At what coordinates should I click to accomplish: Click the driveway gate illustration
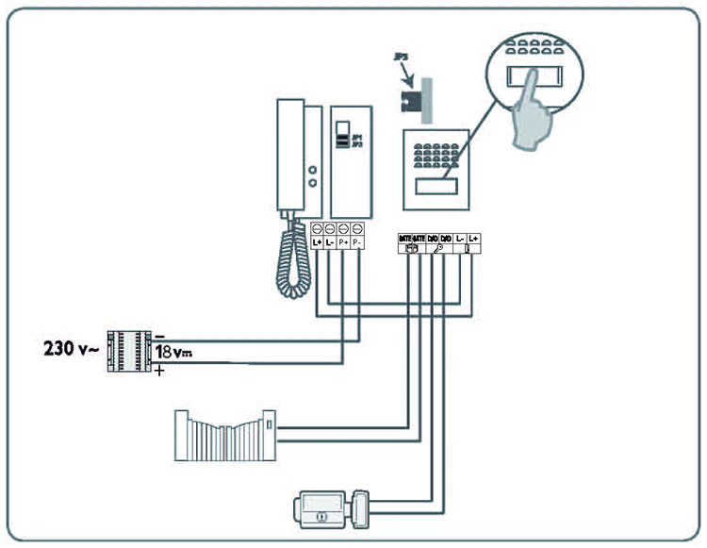[x=225, y=433]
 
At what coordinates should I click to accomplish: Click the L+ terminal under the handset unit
[x=317, y=242]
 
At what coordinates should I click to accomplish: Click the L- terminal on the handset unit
[x=330, y=242]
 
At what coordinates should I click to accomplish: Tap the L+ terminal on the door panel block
[x=474, y=240]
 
